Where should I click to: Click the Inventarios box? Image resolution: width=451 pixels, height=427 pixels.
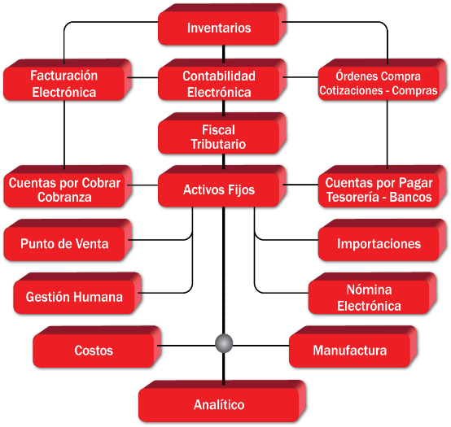pos(222,24)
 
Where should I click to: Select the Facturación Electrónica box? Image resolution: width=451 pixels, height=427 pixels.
pos(68,80)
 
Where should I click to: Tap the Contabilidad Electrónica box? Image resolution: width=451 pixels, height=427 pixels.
pos(222,80)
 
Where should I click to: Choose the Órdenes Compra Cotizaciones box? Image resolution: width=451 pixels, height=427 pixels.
pos(382,80)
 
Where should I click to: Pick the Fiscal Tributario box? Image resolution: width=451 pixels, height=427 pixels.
pos(222,133)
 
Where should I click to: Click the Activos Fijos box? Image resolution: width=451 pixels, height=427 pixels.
pos(222,186)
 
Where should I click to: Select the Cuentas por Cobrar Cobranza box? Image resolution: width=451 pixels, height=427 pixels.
pos(68,186)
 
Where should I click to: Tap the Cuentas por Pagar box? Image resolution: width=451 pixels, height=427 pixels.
pos(382,186)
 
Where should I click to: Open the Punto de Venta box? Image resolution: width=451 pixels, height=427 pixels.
pos(68,240)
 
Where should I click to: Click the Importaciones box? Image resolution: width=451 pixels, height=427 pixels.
pos(382,240)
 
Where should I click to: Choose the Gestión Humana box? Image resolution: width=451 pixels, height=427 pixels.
pos(77,293)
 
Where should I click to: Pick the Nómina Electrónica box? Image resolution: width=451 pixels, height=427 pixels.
pos(372,293)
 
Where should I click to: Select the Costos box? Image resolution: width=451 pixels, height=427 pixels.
pos(97,346)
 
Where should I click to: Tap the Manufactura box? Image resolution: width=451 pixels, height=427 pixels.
pos(353,346)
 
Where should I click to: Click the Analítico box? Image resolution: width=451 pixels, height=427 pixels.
pos(222,401)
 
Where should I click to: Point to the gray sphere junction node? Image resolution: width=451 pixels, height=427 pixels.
pos(224,343)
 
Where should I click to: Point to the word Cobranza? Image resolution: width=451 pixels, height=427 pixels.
pos(64,198)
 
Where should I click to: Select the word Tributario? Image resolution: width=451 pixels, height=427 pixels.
pos(218,144)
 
